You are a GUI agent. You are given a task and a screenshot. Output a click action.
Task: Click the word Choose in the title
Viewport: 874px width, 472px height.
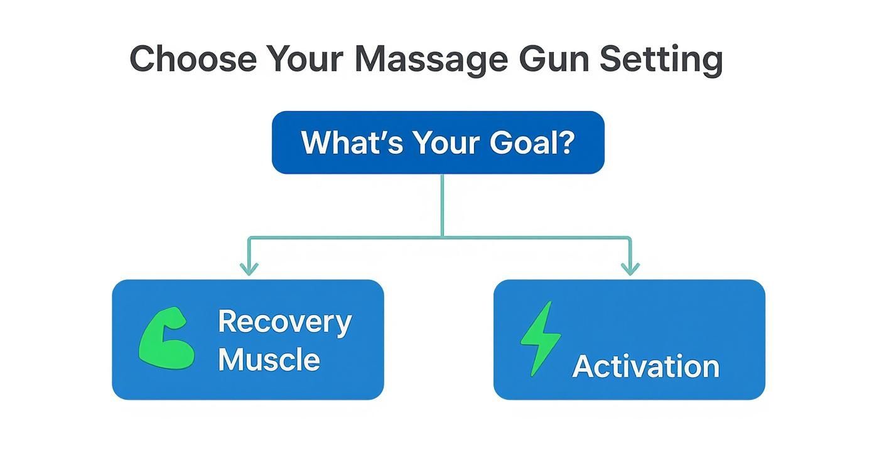(x=193, y=59)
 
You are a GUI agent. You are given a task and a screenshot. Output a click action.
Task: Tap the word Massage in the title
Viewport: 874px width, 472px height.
(x=430, y=59)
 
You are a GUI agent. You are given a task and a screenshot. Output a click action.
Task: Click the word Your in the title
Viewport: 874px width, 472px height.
(x=304, y=59)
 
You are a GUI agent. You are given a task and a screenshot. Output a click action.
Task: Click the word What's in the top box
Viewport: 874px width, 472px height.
(x=352, y=142)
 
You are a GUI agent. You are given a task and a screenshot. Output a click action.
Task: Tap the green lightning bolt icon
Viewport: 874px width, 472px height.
(x=540, y=339)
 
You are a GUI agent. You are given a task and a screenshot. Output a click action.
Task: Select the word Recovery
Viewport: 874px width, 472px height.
(x=284, y=322)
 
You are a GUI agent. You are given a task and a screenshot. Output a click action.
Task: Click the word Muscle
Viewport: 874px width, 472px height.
(x=269, y=360)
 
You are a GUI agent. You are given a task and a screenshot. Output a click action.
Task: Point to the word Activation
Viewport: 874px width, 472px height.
(x=645, y=367)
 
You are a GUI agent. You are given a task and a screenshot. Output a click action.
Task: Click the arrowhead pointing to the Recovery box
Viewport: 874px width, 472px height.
(x=249, y=269)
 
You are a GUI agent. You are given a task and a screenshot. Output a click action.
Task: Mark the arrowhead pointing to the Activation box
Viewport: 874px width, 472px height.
(x=630, y=269)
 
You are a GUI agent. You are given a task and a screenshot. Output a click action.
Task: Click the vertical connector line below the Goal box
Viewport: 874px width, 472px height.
(x=443, y=204)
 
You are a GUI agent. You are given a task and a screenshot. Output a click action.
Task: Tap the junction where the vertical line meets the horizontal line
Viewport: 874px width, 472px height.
(x=443, y=237)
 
